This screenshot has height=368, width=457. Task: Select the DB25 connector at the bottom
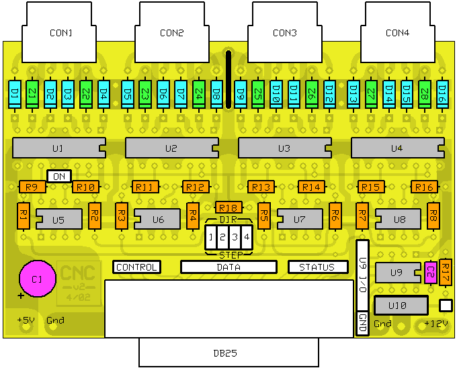tap(228, 352)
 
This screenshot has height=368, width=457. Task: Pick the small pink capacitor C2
tap(431, 272)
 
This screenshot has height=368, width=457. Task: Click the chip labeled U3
tap(284, 148)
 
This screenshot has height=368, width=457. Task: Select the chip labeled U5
tap(58, 219)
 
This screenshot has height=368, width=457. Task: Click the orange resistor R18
tap(229, 208)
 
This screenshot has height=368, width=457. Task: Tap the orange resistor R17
tap(446, 271)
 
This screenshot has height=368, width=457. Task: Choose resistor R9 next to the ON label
tap(32, 187)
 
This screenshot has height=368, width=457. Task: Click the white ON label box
tap(59, 176)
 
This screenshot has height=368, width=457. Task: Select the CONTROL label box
tap(137, 267)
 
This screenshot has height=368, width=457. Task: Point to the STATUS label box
tap(317, 267)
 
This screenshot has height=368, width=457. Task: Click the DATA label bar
tap(229, 267)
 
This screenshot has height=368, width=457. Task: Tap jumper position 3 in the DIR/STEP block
tap(235, 237)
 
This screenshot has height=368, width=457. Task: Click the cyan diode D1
tap(14, 95)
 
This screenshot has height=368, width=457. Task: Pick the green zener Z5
tap(258, 95)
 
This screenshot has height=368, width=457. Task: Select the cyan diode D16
tap(442, 95)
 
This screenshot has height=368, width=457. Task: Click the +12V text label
tap(435, 324)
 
